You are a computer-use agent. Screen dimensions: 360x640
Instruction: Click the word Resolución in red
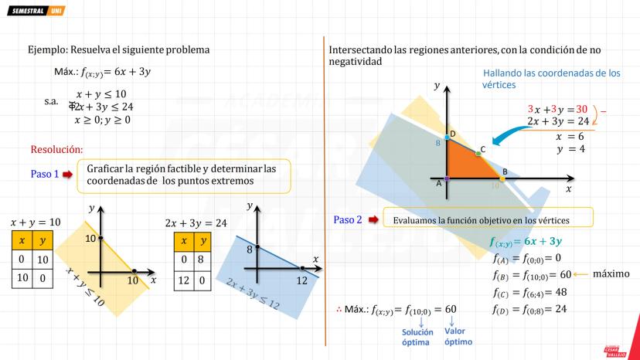[x=56, y=149]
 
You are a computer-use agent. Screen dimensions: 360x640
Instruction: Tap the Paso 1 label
[x=44, y=174]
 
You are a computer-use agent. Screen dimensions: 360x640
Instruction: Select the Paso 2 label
[x=348, y=219]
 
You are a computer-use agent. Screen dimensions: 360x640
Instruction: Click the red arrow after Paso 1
[x=67, y=175]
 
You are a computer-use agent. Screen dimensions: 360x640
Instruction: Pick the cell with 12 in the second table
[x=182, y=279]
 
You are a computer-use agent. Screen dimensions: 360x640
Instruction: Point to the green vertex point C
[x=478, y=154]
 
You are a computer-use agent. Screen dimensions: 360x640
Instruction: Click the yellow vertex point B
[x=502, y=178]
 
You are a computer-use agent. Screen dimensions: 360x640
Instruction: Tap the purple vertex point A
[x=447, y=179]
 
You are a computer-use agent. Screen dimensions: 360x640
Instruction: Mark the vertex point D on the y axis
[x=447, y=137]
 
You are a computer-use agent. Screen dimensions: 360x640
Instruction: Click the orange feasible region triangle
[x=464, y=165]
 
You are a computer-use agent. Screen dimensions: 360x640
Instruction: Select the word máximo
[x=611, y=273]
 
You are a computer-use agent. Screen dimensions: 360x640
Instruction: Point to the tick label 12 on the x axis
[x=301, y=281]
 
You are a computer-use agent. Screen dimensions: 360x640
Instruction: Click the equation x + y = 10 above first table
[x=35, y=222]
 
